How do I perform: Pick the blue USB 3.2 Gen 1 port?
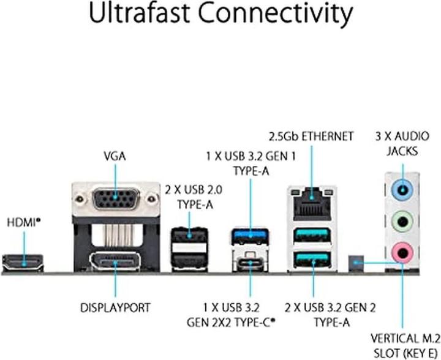pyautogui.click(x=251, y=236)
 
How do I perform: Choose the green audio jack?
pyautogui.click(x=402, y=219)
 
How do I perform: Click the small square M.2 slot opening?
pyautogui.click(x=355, y=263)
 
